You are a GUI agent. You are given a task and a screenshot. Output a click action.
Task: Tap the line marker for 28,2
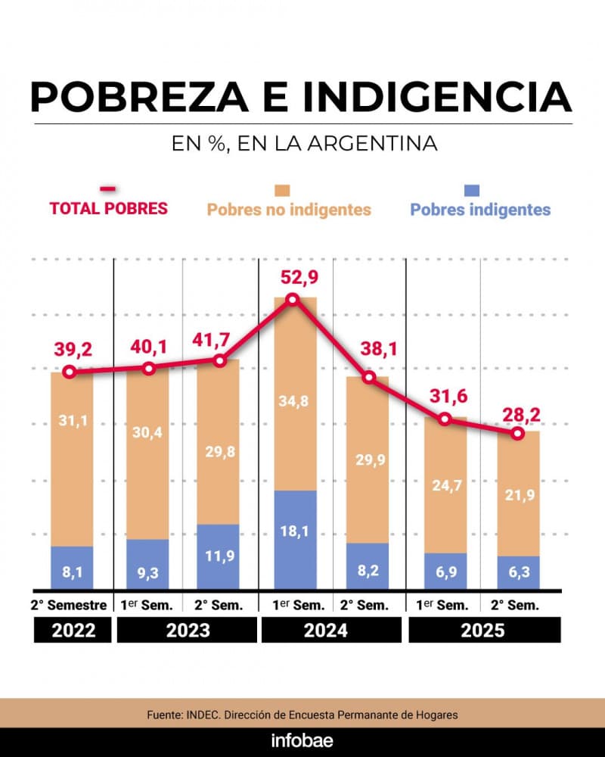[518, 433]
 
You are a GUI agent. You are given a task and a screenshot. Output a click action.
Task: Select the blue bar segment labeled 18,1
[295, 540]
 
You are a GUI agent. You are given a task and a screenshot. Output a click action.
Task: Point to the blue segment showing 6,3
[518, 573]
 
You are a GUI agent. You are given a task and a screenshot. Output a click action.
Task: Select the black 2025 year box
[484, 631]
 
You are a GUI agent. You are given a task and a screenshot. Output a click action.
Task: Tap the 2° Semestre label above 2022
[72, 605]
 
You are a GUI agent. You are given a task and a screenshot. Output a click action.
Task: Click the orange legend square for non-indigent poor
[283, 191]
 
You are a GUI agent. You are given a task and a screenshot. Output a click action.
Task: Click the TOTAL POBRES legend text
[109, 208]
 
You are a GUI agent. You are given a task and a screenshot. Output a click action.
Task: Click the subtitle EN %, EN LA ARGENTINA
[302, 143]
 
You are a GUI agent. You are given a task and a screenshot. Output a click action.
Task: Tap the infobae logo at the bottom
[302, 740]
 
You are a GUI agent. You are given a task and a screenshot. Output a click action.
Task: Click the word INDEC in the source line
[204, 715]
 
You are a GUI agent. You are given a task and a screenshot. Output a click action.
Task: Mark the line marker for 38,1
[369, 377]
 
